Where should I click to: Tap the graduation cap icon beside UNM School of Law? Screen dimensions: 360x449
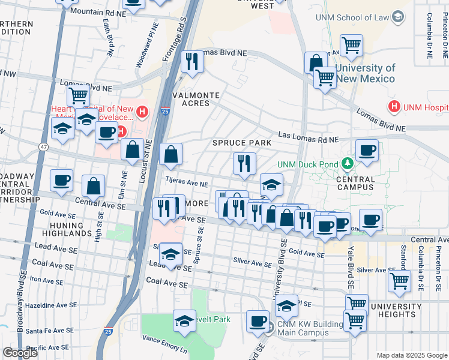pos(397,17)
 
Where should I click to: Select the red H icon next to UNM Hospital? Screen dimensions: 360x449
pos(394,107)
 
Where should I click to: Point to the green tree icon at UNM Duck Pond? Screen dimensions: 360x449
pos(346,163)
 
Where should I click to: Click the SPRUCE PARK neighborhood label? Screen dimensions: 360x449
pos(242,143)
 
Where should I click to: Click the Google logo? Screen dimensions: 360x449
pos(20,353)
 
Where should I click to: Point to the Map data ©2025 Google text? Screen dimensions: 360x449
pos(412,355)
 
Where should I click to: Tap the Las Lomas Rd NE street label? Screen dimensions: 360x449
pos(307,139)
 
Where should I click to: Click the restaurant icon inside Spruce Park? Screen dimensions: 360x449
pos(244,163)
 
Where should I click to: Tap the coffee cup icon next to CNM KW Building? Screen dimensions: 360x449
pos(258,321)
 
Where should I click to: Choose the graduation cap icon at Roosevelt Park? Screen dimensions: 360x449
pos(184,320)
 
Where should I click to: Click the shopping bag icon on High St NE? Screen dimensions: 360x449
pos(94,187)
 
